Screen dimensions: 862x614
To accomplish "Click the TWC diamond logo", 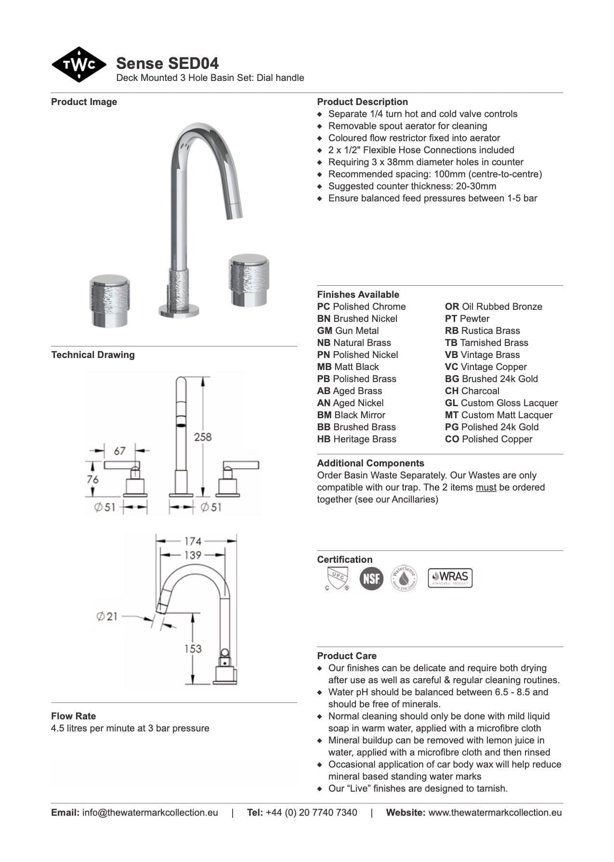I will pos(78,65).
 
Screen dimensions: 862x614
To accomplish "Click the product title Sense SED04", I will pos(167,63).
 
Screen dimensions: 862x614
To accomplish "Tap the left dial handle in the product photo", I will pos(109,301).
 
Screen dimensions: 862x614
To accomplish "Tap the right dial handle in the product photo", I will pos(248,279).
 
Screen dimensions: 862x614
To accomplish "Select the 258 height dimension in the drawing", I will pos(203,437).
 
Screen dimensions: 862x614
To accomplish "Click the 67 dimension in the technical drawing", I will pos(119,451).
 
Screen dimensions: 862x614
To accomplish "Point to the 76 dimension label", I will pos(92,479).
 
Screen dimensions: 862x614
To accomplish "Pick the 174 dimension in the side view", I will pos(193,541).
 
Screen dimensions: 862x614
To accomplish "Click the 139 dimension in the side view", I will pos(193,555).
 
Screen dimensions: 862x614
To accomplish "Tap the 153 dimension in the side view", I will pos(193,649).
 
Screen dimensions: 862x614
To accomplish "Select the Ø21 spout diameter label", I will pos(106,616).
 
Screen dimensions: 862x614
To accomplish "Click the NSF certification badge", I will pos(371,578).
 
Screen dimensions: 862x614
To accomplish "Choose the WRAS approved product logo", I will pos(450,578).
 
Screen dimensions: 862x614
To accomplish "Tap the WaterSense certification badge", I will pos(404,578).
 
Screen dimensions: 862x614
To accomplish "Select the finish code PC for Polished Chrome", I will pos(323,307).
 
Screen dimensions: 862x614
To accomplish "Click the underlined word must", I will pos(486,488).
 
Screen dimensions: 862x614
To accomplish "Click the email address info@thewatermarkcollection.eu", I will pos(150,813).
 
